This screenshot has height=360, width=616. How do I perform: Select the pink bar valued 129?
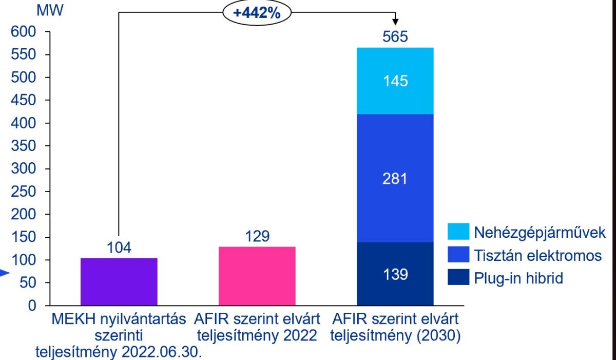tap(257, 276)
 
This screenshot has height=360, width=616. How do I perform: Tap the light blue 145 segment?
tap(395, 81)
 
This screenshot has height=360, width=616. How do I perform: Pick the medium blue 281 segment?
tap(395, 178)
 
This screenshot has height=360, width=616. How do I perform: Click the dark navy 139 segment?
tap(395, 274)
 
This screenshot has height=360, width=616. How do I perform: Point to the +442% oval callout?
tap(257, 13)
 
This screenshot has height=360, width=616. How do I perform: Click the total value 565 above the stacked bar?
tap(395, 37)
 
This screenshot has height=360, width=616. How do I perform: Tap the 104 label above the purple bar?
tap(119, 248)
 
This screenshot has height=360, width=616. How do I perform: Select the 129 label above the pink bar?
tap(257, 236)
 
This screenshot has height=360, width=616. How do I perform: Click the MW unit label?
tap(50, 10)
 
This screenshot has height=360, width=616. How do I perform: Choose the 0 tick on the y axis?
tap(32, 306)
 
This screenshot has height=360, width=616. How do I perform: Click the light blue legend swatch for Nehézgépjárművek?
tap(458, 232)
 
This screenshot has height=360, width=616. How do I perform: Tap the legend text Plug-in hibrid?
tap(519, 278)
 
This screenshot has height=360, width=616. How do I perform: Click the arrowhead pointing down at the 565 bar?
tap(395, 22)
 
